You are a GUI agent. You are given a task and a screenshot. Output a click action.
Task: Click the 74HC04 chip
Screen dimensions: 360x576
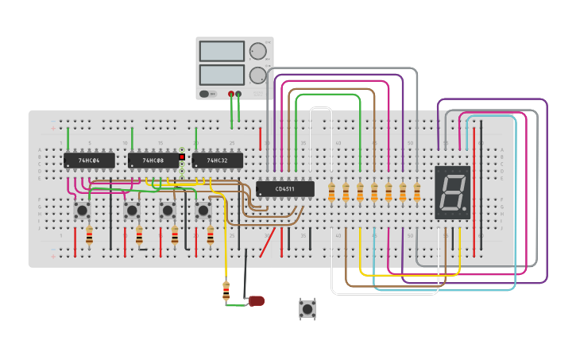[x=89, y=161]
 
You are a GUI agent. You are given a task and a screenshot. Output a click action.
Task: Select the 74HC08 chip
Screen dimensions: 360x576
[x=153, y=161]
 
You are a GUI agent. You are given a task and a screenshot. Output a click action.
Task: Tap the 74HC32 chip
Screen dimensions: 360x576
[x=217, y=161]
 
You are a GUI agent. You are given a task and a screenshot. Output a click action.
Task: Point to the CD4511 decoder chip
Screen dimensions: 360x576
[x=284, y=189]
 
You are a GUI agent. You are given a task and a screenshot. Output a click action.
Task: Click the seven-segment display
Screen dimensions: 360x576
[x=453, y=192]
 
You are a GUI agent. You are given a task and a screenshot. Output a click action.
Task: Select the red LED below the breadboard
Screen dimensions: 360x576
[x=257, y=300]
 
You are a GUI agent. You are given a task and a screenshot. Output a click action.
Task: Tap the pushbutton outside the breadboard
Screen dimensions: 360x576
[x=307, y=308]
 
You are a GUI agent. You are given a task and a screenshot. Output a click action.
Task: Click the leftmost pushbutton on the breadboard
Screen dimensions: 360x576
[x=82, y=210]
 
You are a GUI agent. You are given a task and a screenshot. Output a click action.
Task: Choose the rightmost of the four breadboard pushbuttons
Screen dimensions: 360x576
[x=203, y=210]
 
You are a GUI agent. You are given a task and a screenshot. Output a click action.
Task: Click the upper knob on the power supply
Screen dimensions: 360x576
[x=257, y=52]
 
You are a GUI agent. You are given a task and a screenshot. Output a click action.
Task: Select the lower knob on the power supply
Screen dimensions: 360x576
[x=257, y=75]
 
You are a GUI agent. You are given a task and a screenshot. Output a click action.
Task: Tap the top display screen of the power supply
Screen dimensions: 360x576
[x=222, y=51]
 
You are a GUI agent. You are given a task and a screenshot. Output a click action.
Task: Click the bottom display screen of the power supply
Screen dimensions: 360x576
[x=222, y=75]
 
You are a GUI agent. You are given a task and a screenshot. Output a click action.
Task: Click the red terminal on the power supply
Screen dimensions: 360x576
[x=231, y=94]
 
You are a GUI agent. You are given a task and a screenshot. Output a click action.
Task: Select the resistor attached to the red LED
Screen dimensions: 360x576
[x=226, y=292]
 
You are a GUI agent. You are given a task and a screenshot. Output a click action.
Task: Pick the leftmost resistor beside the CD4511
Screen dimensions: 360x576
[x=331, y=192]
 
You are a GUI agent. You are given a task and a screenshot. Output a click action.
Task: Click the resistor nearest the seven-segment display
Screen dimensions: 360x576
[x=417, y=192]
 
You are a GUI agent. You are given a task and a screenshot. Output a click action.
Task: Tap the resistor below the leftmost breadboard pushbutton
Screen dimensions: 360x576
[x=89, y=235]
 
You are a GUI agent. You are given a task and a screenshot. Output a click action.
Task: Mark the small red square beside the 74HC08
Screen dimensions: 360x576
[x=182, y=157]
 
